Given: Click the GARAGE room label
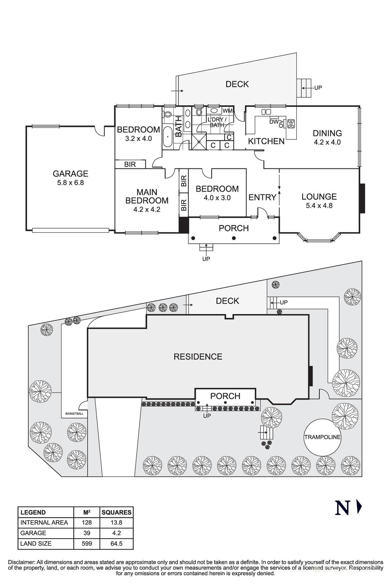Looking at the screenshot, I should [70, 174].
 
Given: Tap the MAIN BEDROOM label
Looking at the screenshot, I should [147, 196].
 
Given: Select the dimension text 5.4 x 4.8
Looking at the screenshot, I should [319, 206].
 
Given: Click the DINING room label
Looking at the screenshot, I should [327, 134].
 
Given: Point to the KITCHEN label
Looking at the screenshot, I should [266, 141].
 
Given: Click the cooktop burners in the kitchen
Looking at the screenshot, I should [291, 124].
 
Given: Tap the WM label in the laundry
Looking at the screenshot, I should [227, 110].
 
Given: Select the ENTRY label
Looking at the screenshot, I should [262, 197].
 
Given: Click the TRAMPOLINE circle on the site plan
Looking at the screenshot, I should [322, 437].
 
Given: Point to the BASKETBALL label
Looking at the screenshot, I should [74, 414].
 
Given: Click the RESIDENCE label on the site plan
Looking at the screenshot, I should [198, 357].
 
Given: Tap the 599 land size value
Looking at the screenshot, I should [87, 543].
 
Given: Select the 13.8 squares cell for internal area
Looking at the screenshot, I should [116, 522].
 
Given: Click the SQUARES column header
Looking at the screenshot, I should [116, 513].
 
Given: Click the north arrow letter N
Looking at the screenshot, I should [342, 508].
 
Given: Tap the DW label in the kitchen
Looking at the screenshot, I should [273, 122].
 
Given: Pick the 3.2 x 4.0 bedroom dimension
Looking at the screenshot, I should [138, 139].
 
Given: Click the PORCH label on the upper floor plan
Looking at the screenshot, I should [233, 228].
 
